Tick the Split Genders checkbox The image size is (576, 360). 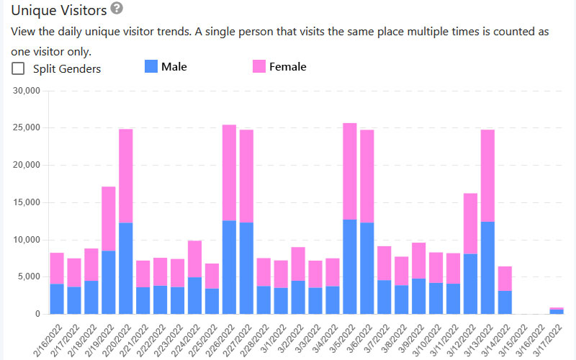pyautogui.click(x=18, y=69)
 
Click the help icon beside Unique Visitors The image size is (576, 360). pyautogui.click(x=117, y=9)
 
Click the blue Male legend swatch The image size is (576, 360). pyautogui.click(x=150, y=67)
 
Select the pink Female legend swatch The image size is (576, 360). pyautogui.click(x=259, y=67)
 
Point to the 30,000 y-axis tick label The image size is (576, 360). pyautogui.click(x=27, y=91)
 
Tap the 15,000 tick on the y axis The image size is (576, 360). pyautogui.click(x=27, y=202)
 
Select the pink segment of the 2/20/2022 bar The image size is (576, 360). pyautogui.click(x=126, y=176)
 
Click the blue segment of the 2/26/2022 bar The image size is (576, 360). pyautogui.click(x=230, y=267)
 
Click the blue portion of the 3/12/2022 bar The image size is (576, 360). pyautogui.click(x=471, y=284)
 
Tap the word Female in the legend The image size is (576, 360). pyautogui.click(x=288, y=67)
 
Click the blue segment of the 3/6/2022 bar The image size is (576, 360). pyautogui.click(x=367, y=269)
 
